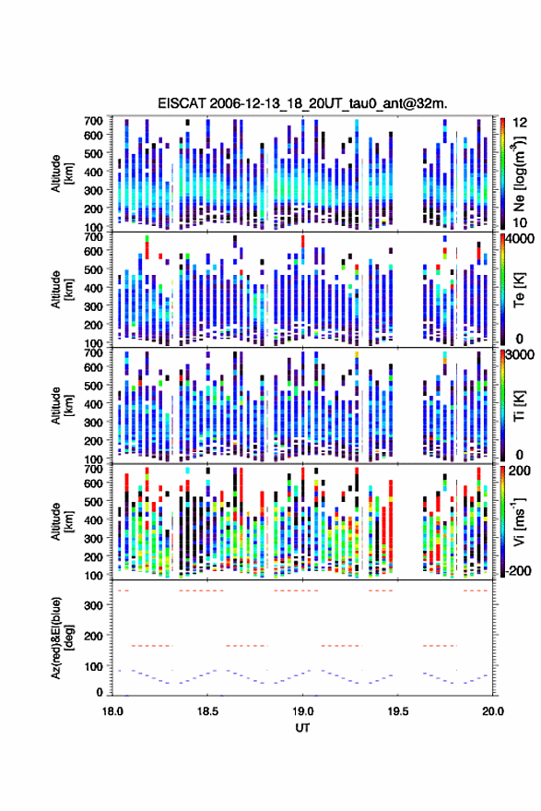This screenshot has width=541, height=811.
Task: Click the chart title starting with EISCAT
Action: pos(302,103)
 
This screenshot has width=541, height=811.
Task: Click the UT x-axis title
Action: pos(302,728)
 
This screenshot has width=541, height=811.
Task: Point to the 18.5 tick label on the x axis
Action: pos(207,711)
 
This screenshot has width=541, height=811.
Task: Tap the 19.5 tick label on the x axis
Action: pos(397,711)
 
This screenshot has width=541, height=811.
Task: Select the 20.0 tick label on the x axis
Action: pos(492,711)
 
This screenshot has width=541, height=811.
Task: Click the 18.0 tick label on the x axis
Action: pos(112,711)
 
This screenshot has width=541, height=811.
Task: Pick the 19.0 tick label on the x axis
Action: pos(302,711)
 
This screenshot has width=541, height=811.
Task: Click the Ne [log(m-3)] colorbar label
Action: pos(519,173)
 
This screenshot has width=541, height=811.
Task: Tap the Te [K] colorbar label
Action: pos(519,289)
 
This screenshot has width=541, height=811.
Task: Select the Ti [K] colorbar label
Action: pos(519,405)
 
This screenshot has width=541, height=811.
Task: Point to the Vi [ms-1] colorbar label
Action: pos(519,521)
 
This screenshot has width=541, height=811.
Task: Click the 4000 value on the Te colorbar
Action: pos(521,241)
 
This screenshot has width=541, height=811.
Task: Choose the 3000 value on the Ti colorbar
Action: pos(521,355)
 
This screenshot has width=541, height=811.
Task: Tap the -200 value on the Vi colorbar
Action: pos(518,571)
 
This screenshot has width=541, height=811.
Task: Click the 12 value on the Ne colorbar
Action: pos(521,123)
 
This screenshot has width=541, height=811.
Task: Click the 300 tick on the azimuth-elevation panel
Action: pos(95,605)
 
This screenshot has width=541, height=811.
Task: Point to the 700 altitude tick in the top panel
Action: pos(93,121)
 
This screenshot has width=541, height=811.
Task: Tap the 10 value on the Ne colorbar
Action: pos(521,223)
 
